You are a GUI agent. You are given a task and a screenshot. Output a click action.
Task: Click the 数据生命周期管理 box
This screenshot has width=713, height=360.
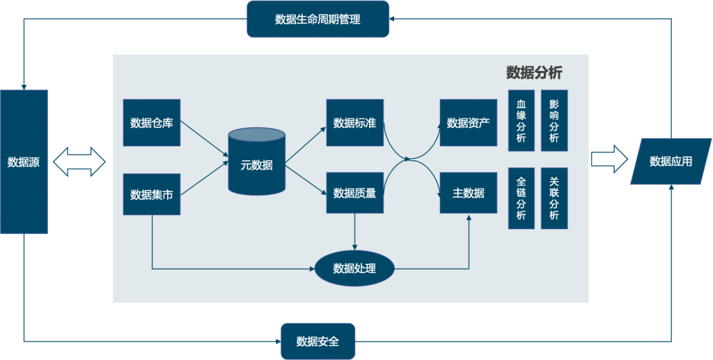point(318,19)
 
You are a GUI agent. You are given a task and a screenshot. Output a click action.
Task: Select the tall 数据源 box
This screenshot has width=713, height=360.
point(24,162)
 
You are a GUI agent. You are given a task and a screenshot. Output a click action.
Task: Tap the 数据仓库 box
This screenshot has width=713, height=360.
point(151,123)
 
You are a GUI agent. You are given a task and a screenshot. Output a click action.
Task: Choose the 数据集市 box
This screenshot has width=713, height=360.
point(151,194)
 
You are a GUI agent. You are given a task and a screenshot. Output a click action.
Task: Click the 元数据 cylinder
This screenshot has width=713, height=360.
point(256,162)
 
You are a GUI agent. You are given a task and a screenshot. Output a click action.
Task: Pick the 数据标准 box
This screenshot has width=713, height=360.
point(354,123)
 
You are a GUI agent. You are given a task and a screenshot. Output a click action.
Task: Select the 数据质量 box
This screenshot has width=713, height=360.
point(354,193)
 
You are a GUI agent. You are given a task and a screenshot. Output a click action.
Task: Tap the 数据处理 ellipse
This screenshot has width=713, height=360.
point(354,268)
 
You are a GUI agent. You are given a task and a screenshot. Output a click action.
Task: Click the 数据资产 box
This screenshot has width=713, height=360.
point(468,123)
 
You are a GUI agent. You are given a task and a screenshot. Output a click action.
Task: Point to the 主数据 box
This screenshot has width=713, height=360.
point(468,193)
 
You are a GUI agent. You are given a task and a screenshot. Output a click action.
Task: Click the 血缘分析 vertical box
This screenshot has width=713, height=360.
point(521,120)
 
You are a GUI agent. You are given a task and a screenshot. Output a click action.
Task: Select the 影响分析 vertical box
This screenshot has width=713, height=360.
point(554,120)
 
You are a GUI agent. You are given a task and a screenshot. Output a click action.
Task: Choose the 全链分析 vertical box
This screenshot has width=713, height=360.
point(521,198)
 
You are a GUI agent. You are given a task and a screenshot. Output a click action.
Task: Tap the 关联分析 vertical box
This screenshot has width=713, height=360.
point(554,198)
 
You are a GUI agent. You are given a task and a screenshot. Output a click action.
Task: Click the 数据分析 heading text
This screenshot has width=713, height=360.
point(534,72)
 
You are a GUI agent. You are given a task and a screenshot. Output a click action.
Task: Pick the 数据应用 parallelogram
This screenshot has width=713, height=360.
point(671,162)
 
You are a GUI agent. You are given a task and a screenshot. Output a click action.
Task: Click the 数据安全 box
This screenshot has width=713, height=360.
point(318,341)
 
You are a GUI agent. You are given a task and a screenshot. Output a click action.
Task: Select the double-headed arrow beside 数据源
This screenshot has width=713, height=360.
point(79,162)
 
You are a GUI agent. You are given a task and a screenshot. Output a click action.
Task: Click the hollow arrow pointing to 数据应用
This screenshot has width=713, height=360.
point(609,159)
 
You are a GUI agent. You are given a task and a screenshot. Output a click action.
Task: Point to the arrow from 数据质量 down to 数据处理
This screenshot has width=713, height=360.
point(354,232)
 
